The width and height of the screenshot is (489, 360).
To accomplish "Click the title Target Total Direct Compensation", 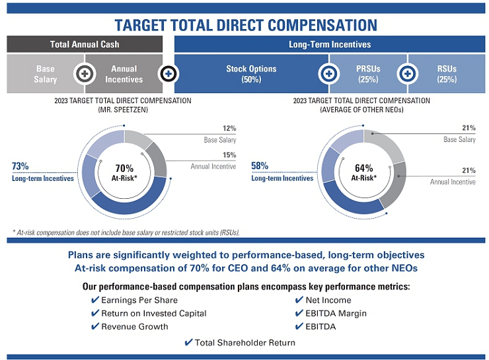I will click(244, 25).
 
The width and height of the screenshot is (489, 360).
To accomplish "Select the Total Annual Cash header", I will click(85, 44).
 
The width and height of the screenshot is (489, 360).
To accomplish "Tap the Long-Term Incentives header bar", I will click(330, 44).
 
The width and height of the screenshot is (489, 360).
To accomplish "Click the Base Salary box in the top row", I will click(46, 74).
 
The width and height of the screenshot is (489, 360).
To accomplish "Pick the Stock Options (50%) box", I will click(250, 74).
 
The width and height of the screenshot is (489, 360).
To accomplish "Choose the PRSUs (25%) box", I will click(367, 74).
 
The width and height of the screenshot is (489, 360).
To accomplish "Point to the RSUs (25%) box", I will click(447, 74).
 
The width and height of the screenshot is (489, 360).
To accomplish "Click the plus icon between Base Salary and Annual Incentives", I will click(84, 73).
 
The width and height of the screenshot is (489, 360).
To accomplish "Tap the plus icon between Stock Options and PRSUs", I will click(328, 73).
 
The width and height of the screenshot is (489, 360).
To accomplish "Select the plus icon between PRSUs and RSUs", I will click(407, 73).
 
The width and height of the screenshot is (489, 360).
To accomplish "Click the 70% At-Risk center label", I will click(124, 172).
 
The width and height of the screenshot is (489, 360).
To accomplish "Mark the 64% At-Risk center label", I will click(364, 172).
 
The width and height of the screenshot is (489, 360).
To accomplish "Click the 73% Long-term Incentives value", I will click(20, 167).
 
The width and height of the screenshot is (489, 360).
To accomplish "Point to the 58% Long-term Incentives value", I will click(260, 166).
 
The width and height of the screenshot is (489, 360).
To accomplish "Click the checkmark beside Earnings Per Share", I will click(95, 301).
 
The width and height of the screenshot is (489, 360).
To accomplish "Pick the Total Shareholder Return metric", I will click(245, 342).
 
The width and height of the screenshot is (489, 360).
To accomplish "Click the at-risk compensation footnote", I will click(126, 232).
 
